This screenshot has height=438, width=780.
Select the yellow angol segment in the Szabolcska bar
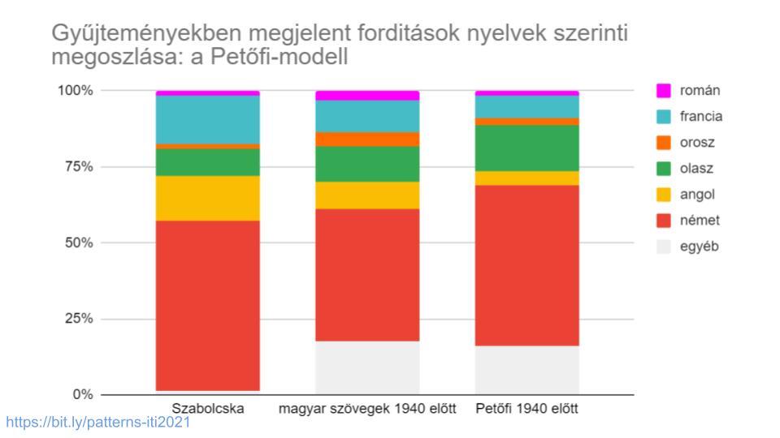tap(208, 198)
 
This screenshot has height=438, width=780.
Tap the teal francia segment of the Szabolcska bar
tap(208, 119)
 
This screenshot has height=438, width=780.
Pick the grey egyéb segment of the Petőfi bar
tap(526, 370)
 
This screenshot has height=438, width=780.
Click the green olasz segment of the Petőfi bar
tap(526, 148)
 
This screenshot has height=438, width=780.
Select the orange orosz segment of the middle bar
tap(367, 139)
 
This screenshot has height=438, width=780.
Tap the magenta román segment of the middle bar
tap(367, 95)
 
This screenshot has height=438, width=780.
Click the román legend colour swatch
tap(664, 90)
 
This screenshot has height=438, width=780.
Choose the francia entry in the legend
tap(700, 116)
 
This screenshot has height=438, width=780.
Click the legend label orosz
tap(696, 142)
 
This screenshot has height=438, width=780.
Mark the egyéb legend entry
tap(699, 246)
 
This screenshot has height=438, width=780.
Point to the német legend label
tap(700, 220)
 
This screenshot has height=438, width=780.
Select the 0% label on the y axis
tap(82, 394)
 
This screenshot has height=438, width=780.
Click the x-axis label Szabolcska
tap(208, 409)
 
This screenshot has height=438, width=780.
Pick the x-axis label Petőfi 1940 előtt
tap(526, 409)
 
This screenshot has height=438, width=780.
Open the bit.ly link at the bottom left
tap(97, 423)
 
